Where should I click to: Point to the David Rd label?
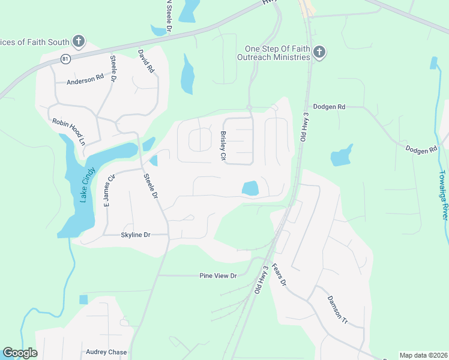coord(146,62)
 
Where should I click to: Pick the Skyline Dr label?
coord(135,235)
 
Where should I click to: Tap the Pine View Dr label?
coord(218,275)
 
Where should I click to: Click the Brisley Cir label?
coord(223,146)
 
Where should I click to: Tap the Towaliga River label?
coord(443,194)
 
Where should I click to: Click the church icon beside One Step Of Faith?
coord(319,53)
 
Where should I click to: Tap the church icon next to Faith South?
coord(78,42)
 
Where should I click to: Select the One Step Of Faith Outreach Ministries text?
coord(277,53)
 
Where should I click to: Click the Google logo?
coord(20,353)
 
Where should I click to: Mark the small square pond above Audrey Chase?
coord(83,299)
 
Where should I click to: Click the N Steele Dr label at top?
coord(169,16)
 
